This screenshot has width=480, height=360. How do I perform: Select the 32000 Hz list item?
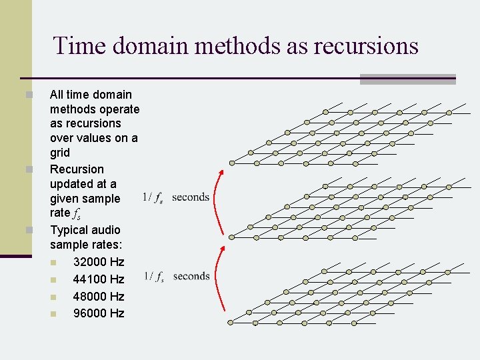tap(99, 261)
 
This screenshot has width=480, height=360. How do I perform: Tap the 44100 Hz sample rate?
tap(99, 279)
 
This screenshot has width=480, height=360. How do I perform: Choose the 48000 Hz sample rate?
tap(99, 296)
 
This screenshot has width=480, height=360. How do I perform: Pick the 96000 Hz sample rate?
tap(99, 313)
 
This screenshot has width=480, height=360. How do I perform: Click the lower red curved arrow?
tap(217, 277)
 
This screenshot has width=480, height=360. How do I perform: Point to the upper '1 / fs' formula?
tap(153, 197)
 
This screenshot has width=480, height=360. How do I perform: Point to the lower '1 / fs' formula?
tap(153, 277)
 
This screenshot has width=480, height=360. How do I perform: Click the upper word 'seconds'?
tap(191, 197)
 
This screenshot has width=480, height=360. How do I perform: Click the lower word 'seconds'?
tap(191, 276)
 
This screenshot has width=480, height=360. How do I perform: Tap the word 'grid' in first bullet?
tap(60, 153)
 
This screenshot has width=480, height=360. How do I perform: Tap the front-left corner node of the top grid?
tap(231, 163)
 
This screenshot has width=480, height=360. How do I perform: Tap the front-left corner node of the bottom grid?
tap(231, 322)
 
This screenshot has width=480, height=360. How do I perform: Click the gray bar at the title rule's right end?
tap(407, 79)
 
